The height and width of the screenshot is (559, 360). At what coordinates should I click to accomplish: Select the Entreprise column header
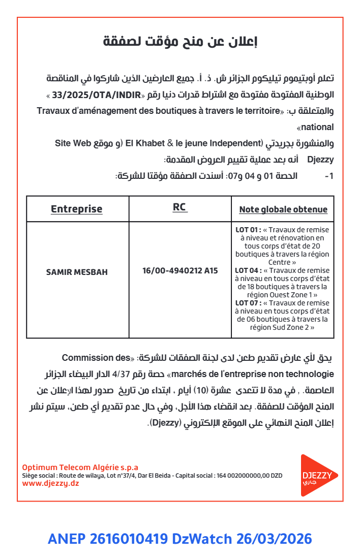pyautogui.click(x=76, y=209)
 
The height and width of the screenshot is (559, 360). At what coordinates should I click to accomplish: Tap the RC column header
pyautogui.click(x=179, y=207)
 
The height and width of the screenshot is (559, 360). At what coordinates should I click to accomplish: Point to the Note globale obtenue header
pyautogui.click(x=283, y=209)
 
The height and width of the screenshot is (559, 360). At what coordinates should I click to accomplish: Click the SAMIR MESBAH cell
pyautogui.click(x=77, y=272)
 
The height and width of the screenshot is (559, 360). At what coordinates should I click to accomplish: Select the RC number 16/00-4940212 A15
pyautogui.click(x=180, y=271)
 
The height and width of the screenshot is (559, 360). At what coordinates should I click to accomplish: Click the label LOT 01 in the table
pyautogui.click(x=248, y=230)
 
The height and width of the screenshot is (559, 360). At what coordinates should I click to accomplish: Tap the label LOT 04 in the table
pyautogui.click(x=248, y=270)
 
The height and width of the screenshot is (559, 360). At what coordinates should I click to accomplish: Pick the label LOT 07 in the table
pyautogui.click(x=248, y=303)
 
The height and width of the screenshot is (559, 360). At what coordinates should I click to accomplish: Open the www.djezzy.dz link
pyautogui.click(x=50, y=483)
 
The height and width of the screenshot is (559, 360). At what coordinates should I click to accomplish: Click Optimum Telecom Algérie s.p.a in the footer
pyautogui.click(x=80, y=468)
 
